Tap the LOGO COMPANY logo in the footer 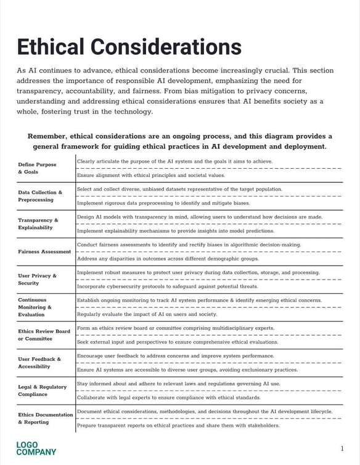tap(36, 448)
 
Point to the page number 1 tap(342, 448)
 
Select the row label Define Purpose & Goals tap(37, 168)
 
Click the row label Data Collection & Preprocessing tap(40, 196)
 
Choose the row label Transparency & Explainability tap(38, 224)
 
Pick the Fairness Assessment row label tap(44, 251)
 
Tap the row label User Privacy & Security tap(37, 280)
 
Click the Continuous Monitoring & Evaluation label tap(35, 307)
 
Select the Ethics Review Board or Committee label tap(44, 334)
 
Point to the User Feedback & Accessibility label tap(39, 362)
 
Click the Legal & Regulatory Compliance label tap(42, 390)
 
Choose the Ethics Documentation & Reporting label tap(45, 418)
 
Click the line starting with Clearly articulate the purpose tap(174, 161)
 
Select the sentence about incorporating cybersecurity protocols tap(167, 286)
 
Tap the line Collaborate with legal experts tap(168, 397)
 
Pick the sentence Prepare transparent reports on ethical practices tap(178, 425)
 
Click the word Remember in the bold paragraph tap(47, 136)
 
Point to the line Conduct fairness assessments tap(189, 245)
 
